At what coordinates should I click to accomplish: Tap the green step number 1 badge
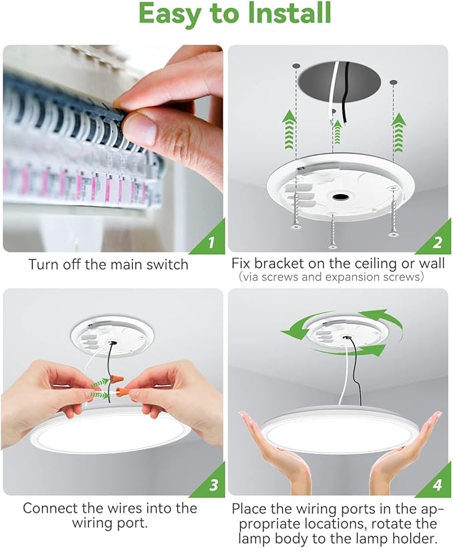click(211, 242)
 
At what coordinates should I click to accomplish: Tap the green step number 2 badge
click(437, 242)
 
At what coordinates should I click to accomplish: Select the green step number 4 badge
click(437, 485)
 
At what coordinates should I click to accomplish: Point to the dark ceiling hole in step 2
click(339, 86)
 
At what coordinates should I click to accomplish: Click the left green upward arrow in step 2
click(288, 127)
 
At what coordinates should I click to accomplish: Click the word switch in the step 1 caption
click(167, 264)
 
